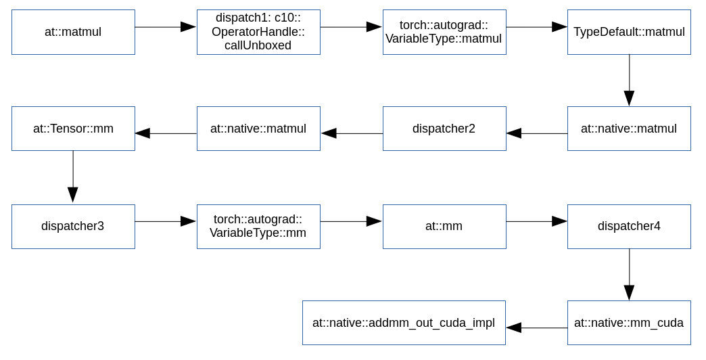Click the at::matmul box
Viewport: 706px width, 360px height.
[73, 32]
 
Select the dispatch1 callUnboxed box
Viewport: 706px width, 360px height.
[258, 32]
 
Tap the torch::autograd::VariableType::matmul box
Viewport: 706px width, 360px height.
[444, 32]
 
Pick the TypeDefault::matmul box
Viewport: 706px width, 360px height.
[629, 32]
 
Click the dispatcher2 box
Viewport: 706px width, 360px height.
[444, 129]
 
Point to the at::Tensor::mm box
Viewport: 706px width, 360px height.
[73, 129]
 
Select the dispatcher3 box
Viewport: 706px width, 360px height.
[73, 226]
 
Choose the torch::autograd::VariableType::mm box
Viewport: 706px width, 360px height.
[258, 226]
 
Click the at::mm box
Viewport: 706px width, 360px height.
[444, 226]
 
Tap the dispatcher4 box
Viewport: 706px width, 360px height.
[629, 226]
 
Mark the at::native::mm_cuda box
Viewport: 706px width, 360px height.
[629, 323]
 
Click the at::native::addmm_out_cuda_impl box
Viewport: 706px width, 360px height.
[404, 323]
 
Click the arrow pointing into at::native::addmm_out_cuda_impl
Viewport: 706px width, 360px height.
[536, 328]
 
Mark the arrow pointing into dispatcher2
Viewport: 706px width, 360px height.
[536, 133]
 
